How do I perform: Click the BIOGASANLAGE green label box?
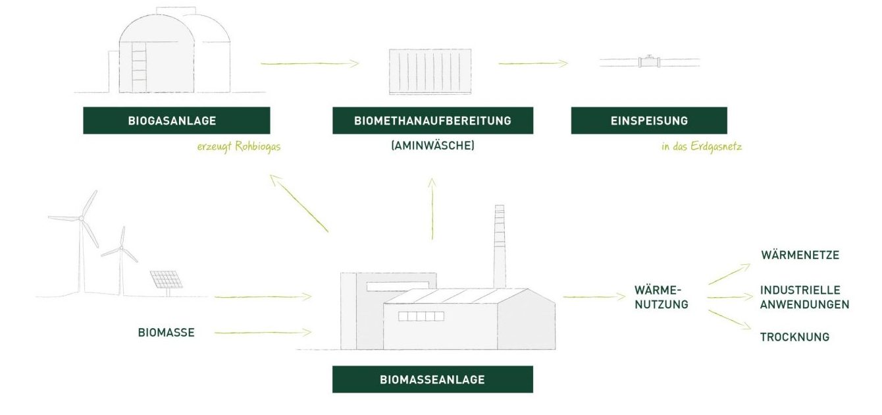[x=176, y=121]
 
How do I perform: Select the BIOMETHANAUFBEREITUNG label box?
[x=432, y=121]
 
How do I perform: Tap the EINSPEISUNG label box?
[x=648, y=121]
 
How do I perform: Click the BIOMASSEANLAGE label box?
[x=432, y=379]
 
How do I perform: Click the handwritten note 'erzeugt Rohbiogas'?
[x=238, y=146]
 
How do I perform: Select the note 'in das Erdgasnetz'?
[x=701, y=146]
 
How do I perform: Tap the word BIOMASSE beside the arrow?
[x=166, y=333]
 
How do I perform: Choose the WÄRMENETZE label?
[x=800, y=255]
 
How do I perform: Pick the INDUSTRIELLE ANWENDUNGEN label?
[x=804, y=297]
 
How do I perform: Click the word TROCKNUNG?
[x=794, y=337]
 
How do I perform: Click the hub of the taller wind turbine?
[x=81, y=217]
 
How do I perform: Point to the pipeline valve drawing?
[x=649, y=62]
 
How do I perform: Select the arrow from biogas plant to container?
[x=309, y=63]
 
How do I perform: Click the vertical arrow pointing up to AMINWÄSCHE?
[x=432, y=207]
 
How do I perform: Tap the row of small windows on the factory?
[x=421, y=316]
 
